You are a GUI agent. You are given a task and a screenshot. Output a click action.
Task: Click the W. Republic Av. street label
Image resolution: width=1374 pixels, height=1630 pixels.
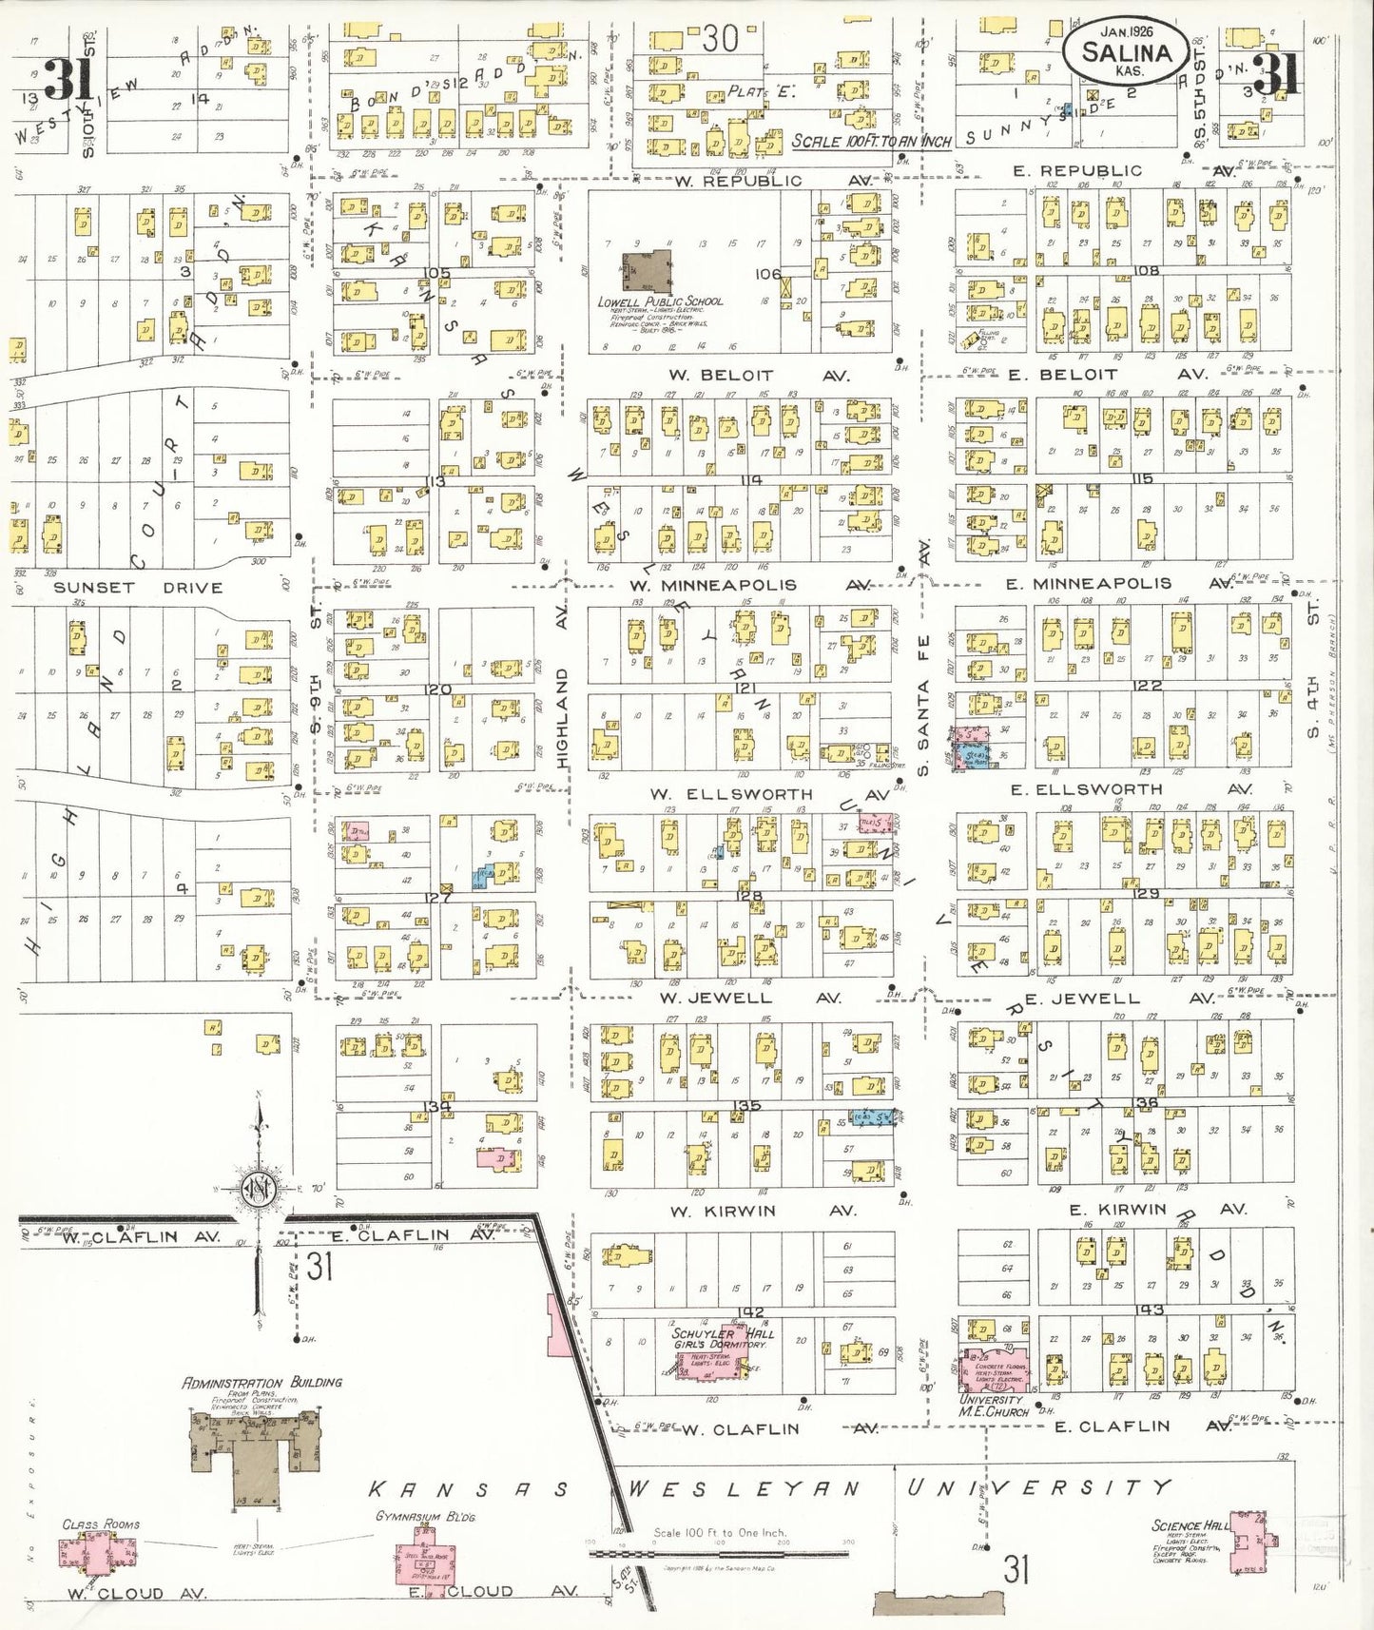(x=737, y=181)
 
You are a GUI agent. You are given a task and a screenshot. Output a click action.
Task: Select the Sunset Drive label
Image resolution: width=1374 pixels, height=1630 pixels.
(x=137, y=588)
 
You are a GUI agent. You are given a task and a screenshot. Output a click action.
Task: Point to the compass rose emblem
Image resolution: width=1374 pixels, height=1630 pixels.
(x=259, y=1188)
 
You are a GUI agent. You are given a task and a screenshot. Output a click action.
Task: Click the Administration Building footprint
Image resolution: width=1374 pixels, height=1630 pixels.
(x=255, y=1453)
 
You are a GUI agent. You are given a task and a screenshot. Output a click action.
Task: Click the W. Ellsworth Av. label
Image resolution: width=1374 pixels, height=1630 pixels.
(x=731, y=793)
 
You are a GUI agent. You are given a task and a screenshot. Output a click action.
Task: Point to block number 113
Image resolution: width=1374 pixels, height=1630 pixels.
(x=435, y=481)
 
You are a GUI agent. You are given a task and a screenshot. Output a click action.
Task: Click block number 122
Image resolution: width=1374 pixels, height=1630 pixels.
(x=1147, y=686)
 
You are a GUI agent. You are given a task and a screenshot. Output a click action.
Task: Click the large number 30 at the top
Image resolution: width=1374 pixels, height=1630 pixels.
(x=721, y=39)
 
